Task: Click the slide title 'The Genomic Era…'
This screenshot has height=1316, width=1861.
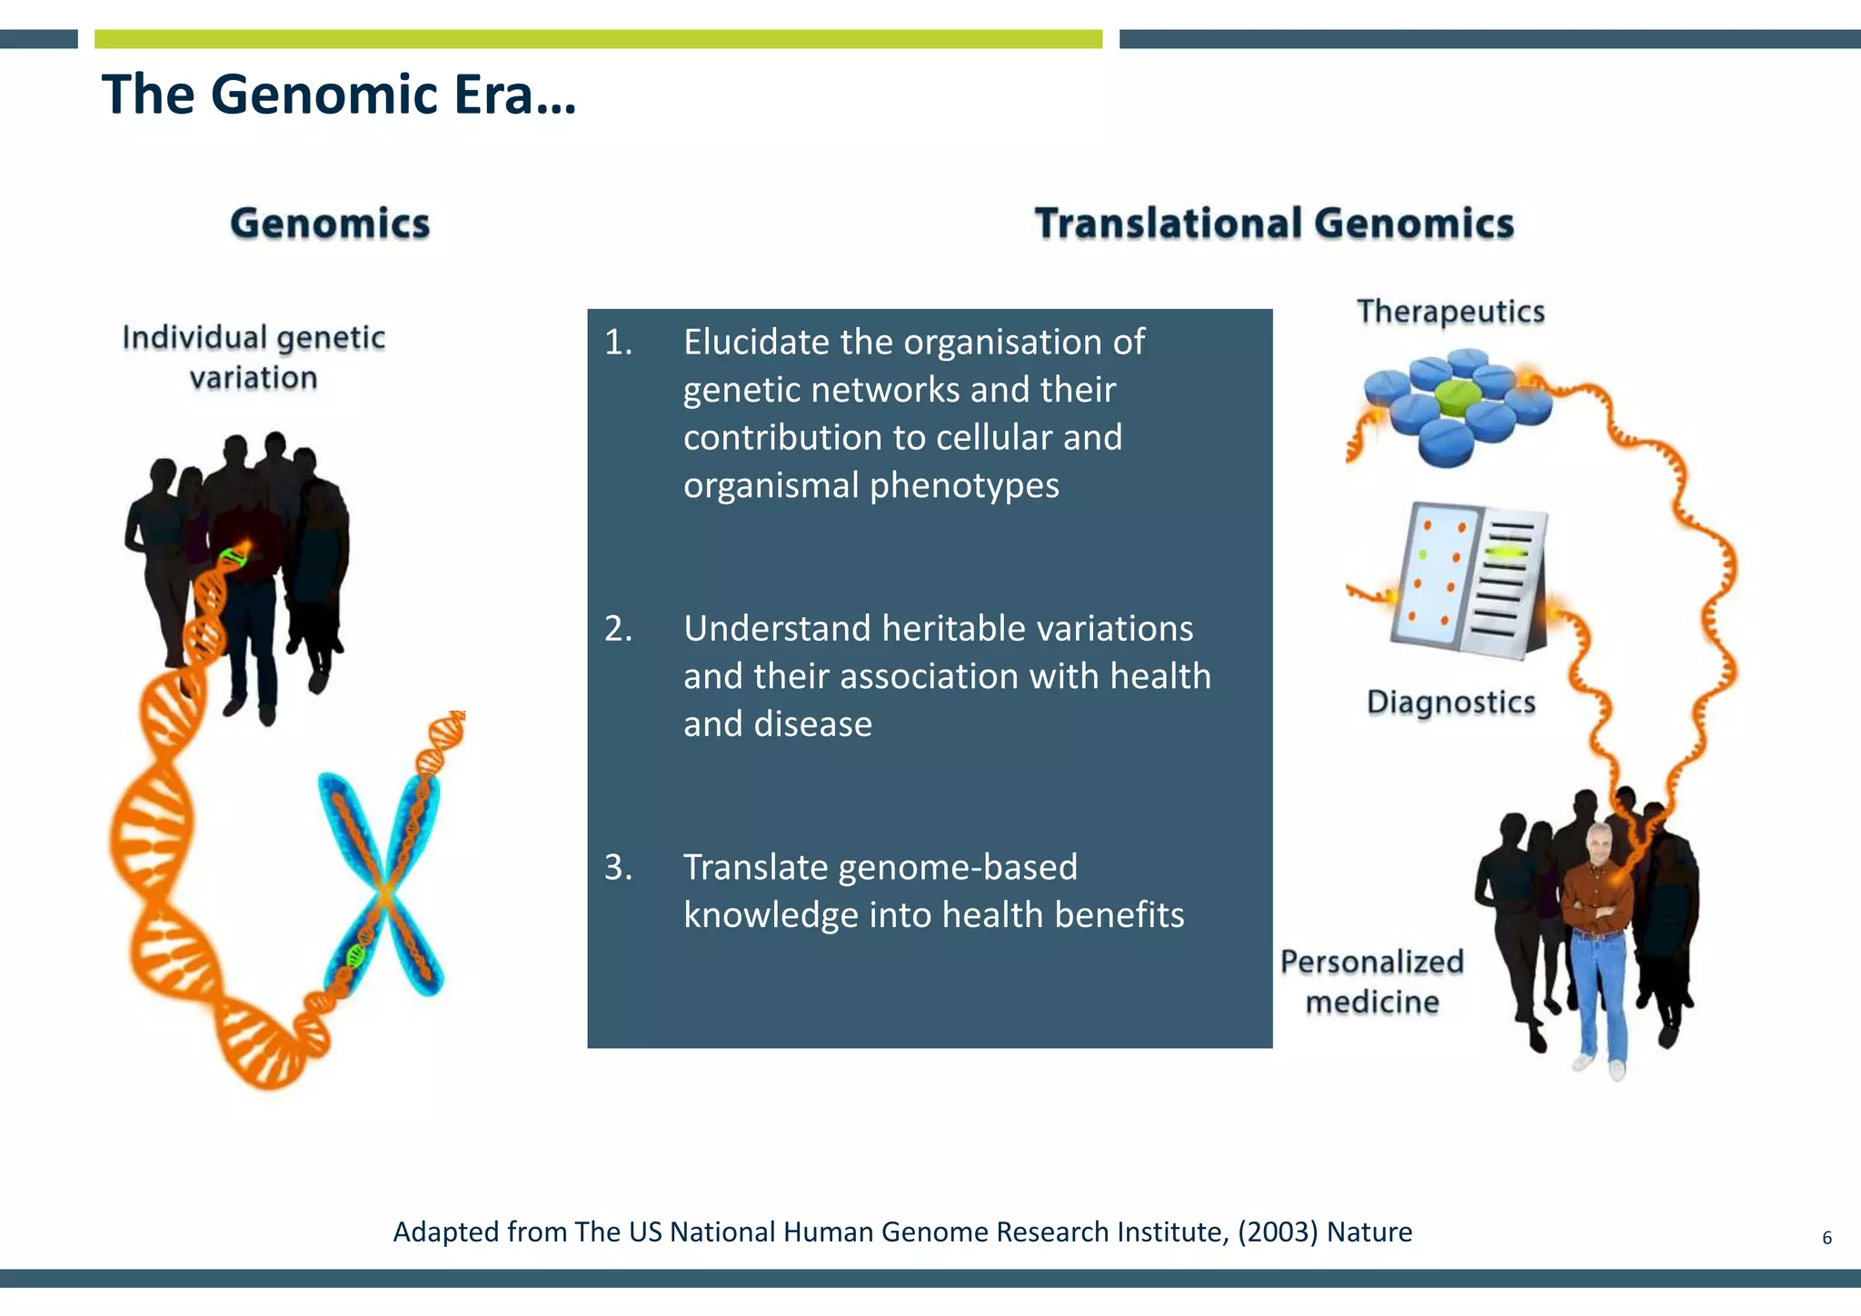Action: point(338,95)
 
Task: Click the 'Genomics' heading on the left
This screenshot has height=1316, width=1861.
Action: point(329,224)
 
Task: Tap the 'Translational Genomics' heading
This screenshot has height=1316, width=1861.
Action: point(1274,224)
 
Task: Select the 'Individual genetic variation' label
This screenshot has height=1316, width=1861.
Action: point(254,357)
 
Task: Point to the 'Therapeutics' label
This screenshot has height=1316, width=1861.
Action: point(1450,312)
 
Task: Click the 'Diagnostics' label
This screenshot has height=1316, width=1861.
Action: point(1450,703)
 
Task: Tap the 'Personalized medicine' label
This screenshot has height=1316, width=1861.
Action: point(1371,982)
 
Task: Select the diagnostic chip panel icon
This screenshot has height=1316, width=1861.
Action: point(1468,580)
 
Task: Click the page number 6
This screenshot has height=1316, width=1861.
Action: point(1826,1238)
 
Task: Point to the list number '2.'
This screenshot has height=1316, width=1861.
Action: point(618,629)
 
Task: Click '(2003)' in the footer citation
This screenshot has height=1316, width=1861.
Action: point(1277,1231)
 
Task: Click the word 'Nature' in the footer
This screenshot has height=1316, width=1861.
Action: point(1369,1231)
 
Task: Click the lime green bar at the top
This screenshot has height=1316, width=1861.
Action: point(598,39)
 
